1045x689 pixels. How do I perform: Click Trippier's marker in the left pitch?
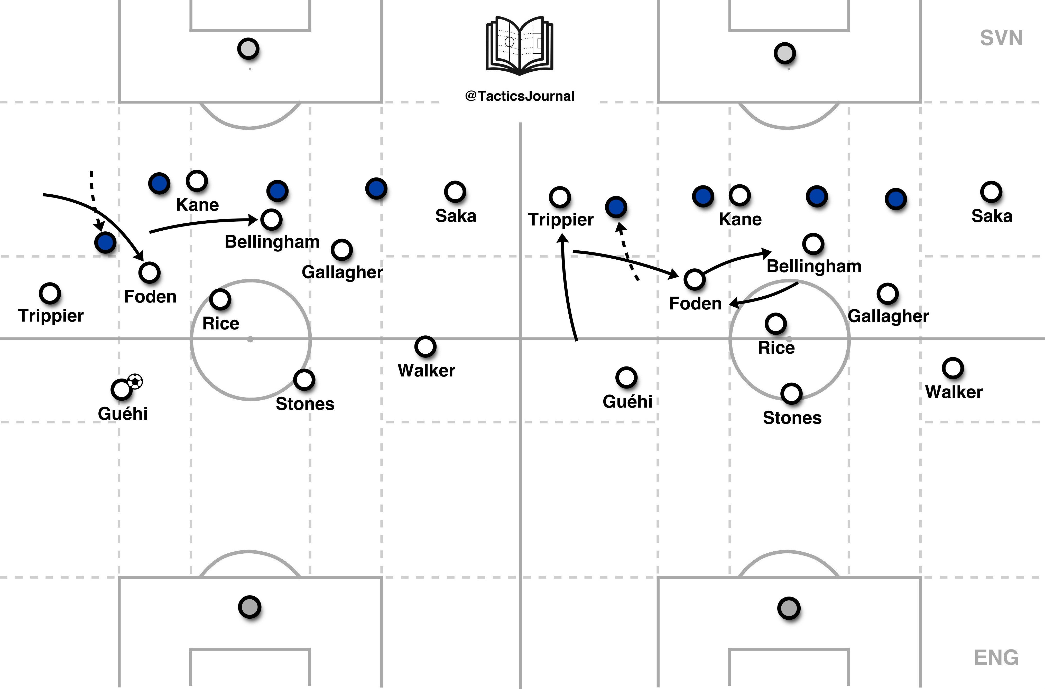pos(50,293)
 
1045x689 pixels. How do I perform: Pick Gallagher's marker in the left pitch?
pos(341,250)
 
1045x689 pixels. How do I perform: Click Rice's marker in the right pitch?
pos(775,323)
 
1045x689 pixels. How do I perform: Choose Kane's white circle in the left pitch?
pos(197,181)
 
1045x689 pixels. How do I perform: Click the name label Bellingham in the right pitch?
pos(814,266)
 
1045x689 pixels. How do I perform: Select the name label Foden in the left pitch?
pos(150,297)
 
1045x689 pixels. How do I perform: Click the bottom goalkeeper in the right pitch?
pos(789,608)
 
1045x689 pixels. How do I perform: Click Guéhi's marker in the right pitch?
pos(626,377)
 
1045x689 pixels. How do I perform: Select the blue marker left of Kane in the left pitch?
pos(159,183)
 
